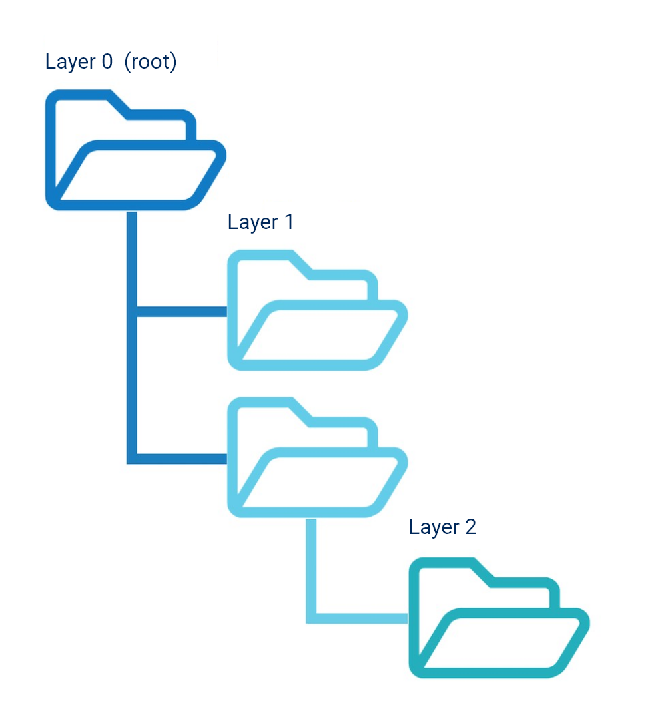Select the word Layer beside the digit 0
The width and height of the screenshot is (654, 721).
[x=70, y=63]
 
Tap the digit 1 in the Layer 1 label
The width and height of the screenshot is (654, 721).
[x=288, y=222]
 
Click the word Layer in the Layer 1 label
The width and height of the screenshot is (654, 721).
[x=252, y=222]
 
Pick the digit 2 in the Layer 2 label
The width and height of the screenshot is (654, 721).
[x=470, y=527]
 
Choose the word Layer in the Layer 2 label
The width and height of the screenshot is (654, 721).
[x=434, y=528]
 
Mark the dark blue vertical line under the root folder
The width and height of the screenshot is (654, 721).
[x=132, y=334]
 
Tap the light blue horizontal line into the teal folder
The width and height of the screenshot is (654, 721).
[x=360, y=618]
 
